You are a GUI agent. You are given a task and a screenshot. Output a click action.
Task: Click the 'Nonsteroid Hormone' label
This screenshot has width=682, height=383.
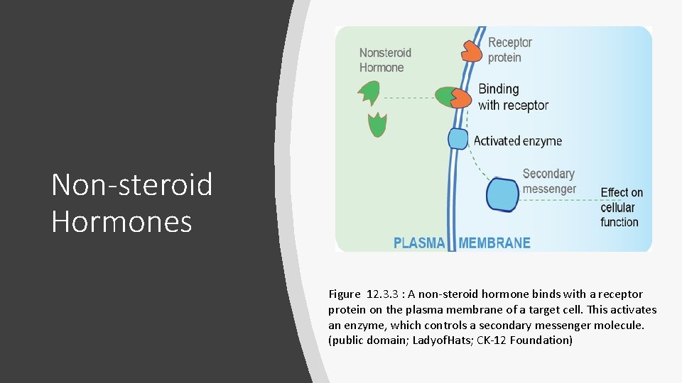385,60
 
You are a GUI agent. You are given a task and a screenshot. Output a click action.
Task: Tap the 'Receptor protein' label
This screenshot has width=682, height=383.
509,50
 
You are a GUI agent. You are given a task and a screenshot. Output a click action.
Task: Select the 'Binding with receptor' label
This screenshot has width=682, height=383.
513,97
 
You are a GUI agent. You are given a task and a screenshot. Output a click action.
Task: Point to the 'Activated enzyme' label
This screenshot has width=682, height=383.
517,141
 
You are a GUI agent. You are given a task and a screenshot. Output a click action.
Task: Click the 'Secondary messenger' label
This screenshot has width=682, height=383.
548,181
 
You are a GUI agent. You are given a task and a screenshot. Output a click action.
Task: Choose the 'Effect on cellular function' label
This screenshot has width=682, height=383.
622,207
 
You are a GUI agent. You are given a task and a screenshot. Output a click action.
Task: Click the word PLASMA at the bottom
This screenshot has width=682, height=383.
419,243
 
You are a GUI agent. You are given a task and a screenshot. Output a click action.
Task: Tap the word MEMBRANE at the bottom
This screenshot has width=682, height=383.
494,243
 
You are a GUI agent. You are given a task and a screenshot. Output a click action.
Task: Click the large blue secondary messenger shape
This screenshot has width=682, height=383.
502,195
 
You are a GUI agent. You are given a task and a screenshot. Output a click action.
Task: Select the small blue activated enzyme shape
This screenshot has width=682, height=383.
458,138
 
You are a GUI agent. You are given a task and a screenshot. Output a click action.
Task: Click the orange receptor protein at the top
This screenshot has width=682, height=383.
472,50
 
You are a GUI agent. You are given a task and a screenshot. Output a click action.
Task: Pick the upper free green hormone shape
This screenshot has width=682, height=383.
369,93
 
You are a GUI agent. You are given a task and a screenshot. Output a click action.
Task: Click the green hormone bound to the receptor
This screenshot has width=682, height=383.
445,97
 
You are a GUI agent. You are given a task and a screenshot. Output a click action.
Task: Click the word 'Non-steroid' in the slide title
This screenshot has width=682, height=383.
132,186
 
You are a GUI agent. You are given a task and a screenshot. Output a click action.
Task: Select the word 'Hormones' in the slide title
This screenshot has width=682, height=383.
121,221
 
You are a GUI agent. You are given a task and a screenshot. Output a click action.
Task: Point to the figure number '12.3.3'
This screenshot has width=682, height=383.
384,294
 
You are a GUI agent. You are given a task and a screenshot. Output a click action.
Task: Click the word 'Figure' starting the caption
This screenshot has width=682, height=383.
344,294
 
